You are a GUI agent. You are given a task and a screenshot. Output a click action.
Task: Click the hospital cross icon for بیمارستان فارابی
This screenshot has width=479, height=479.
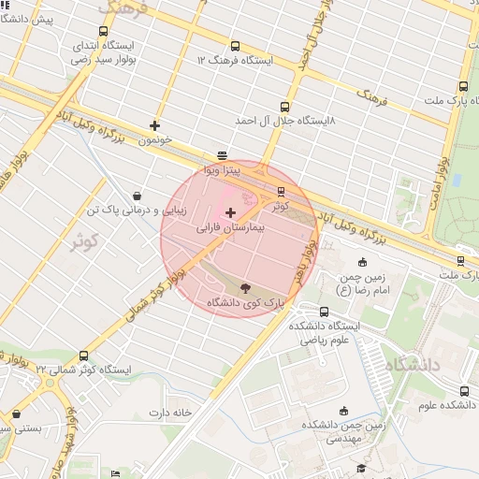[x=231, y=213]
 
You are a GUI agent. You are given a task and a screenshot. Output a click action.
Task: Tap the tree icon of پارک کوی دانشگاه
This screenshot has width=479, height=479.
[x=245, y=289]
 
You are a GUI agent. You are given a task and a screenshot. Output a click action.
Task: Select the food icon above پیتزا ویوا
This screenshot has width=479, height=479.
[x=222, y=156]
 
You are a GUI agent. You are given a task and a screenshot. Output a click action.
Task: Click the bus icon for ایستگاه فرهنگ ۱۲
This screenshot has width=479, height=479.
[x=234, y=46]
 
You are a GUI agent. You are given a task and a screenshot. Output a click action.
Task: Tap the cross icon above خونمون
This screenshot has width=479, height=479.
[x=154, y=125]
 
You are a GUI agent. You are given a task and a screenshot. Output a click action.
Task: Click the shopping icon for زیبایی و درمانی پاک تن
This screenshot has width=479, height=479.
[x=138, y=196]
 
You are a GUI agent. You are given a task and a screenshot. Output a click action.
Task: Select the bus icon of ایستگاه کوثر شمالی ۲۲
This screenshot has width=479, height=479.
[x=83, y=356]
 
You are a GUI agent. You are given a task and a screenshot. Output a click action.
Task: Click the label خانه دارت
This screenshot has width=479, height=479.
[x=169, y=412]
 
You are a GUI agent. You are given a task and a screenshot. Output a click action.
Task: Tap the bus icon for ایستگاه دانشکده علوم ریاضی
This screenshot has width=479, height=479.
[x=325, y=312]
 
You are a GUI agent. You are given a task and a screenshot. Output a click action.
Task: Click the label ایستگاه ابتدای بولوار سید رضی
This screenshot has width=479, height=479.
[x=102, y=51]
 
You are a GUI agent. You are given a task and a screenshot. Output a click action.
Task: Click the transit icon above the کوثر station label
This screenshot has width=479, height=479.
[x=282, y=192]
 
